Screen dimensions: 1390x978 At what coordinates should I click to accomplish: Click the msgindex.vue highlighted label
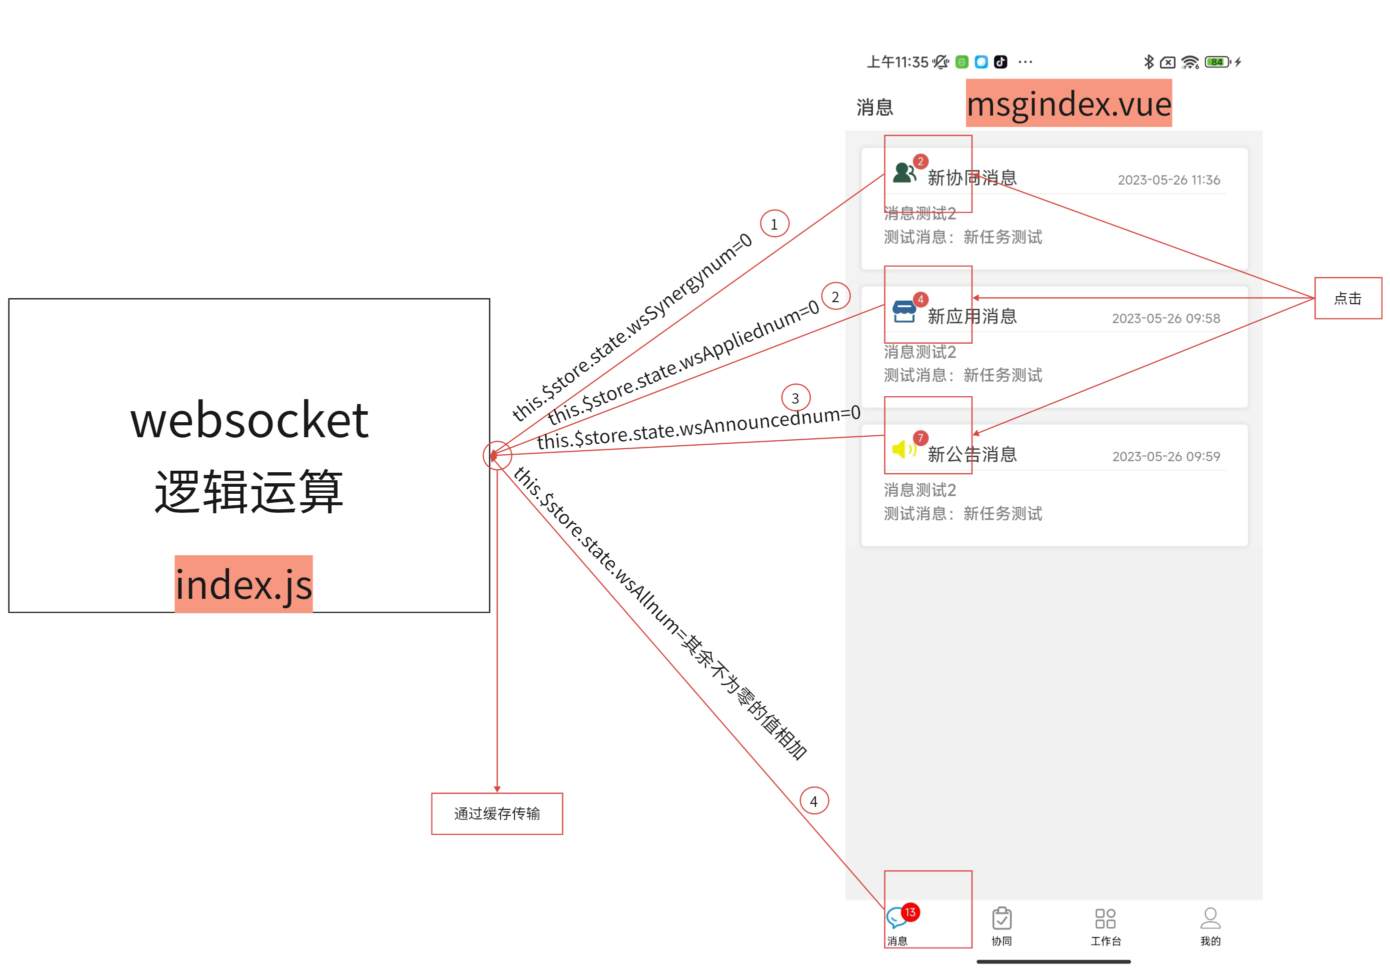coord(1068,104)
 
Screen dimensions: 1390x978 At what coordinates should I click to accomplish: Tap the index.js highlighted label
coord(243,584)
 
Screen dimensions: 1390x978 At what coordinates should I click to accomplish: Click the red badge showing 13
coord(910,912)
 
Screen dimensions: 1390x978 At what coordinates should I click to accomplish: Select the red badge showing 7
coord(920,437)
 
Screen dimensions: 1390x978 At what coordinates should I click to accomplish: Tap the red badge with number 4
coord(920,299)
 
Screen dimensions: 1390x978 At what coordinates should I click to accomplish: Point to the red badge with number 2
coord(920,161)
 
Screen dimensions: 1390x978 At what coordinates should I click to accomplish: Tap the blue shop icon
coord(904,312)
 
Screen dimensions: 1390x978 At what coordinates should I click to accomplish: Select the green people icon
coord(904,173)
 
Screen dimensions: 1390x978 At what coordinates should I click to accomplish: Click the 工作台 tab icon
coord(1105,918)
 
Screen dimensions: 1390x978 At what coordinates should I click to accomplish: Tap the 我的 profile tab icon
coord(1210,918)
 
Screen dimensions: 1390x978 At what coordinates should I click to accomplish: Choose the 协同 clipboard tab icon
coord(1001,918)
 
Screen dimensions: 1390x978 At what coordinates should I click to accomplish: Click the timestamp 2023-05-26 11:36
coord(1168,180)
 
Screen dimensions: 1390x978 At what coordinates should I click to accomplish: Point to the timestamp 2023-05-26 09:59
coord(1166,457)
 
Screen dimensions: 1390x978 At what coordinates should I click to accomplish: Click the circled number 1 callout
coord(774,224)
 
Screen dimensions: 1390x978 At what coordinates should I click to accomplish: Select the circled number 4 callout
coord(813,800)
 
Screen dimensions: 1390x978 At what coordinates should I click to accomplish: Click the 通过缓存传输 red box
coord(497,813)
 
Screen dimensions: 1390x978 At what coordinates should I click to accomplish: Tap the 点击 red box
coord(1347,298)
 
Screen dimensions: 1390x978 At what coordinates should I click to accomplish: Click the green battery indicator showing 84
coord(1216,62)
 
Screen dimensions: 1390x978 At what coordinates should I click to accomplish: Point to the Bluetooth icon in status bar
coord(1148,62)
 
